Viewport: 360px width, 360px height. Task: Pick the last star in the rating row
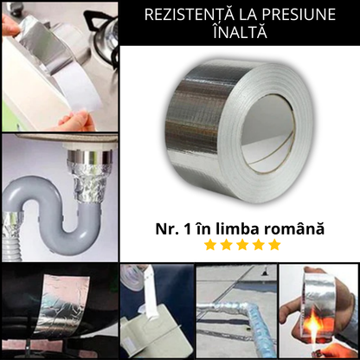pos(274,245)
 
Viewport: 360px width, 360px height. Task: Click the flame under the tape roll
pos(326,333)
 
